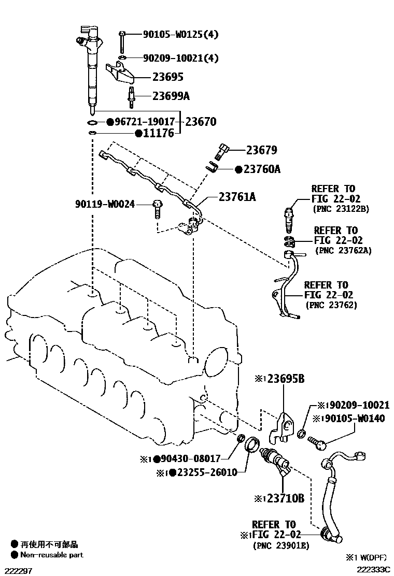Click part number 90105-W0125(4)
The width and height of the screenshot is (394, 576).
tap(180, 35)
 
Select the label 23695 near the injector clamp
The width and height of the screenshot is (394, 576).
tap(167, 77)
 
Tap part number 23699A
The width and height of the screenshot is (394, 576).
tap(171, 96)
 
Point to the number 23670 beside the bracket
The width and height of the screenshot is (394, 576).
tap(201, 122)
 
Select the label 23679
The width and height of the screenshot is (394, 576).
tap(261, 151)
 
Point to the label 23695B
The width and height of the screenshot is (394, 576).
tap(286, 379)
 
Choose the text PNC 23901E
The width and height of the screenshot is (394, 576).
tap(282, 545)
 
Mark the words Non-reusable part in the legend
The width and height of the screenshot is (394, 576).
tap(51, 555)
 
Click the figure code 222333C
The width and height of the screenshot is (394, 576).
tap(373, 569)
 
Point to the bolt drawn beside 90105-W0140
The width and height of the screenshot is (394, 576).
tap(317, 441)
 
